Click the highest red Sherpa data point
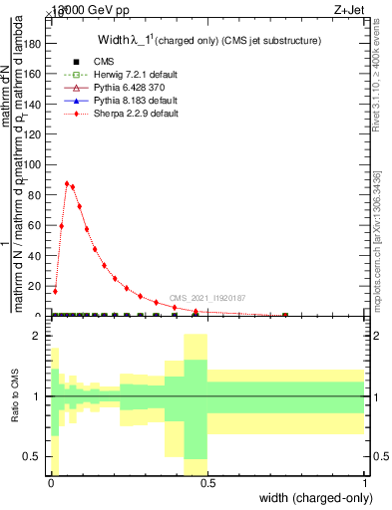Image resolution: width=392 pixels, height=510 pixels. (67, 183)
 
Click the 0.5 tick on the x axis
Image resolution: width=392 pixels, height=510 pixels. (207, 482)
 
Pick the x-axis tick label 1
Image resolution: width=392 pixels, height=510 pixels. (364, 482)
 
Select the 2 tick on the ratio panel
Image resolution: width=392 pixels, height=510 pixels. (37, 336)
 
